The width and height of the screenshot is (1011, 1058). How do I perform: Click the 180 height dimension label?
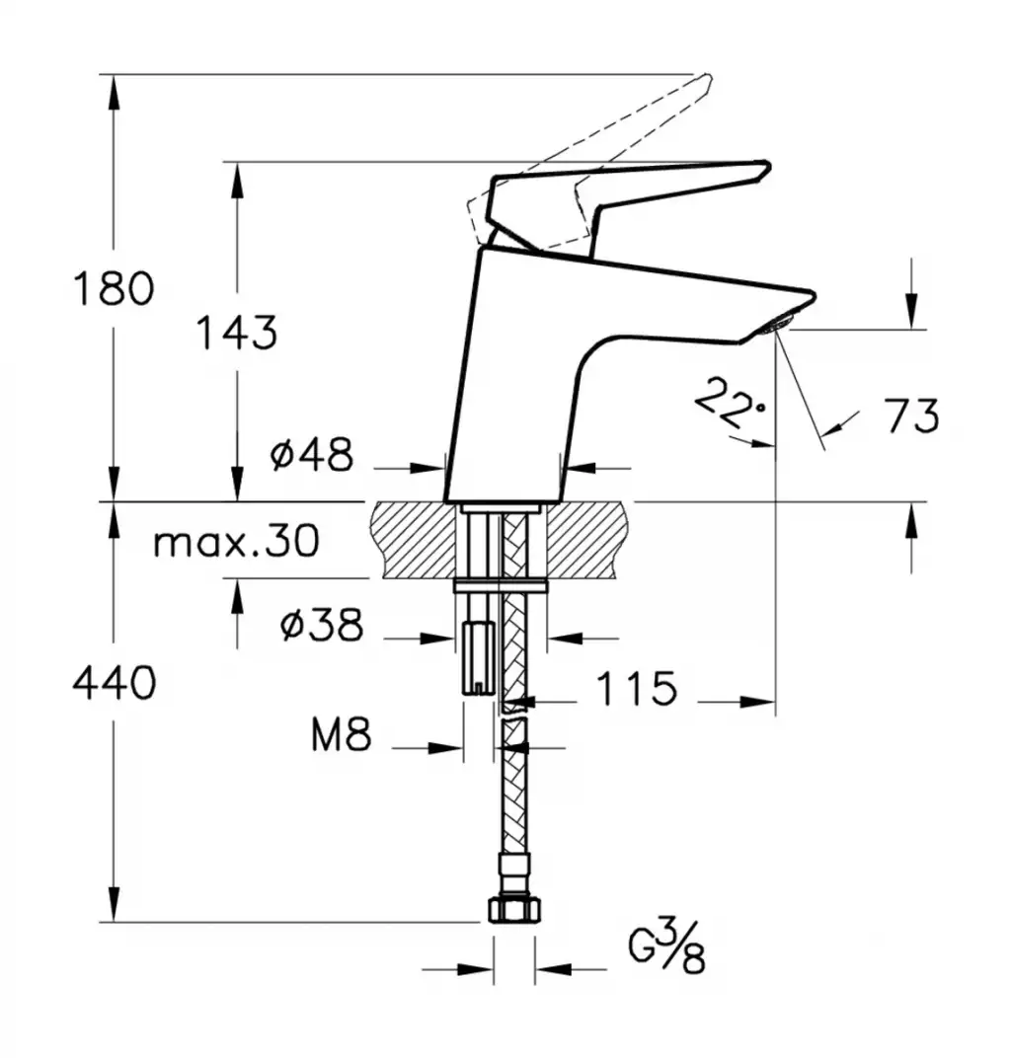point(114,288)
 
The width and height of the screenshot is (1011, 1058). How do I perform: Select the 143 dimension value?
point(237,333)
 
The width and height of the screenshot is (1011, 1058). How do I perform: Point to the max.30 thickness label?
point(236,541)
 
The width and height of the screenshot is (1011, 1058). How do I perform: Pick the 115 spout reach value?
point(637,688)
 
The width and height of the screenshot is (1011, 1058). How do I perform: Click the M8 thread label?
point(341,734)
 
